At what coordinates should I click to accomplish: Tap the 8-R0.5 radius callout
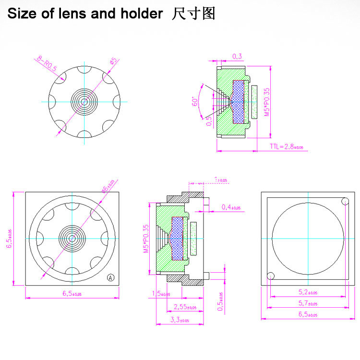pyautogui.click(x=46, y=63)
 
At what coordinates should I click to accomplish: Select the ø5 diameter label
pyautogui.click(x=113, y=61)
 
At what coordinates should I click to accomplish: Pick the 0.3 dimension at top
pyautogui.click(x=237, y=57)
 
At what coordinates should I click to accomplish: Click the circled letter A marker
pyautogui.click(x=111, y=277)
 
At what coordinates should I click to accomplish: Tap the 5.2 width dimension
pyautogui.click(x=307, y=292)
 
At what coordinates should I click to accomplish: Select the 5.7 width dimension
pyautogui.click(x=307, y=303)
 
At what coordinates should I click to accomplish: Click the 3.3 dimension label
pyautogui.click(x=180, y=319)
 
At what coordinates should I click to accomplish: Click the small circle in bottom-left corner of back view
pyautogui.click(x=270, y=276)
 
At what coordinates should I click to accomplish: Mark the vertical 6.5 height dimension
pyautogui.click(x=9, y=238)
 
